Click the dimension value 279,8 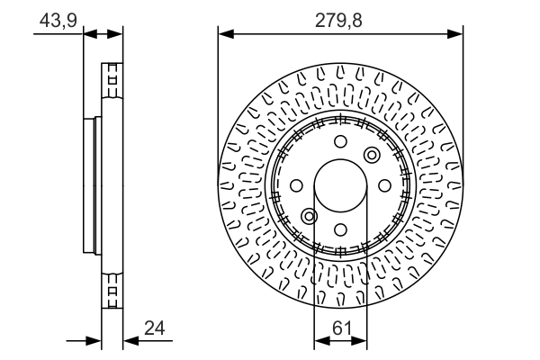pos(338,21)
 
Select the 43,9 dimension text pos(58,21)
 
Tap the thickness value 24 pos(155,328)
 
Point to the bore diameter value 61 pos(342,328)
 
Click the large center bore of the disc pos(340,185)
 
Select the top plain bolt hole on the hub pos(340,141)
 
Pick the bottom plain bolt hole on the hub pos(340,229)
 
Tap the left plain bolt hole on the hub pos(296,185)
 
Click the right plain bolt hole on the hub pos(384,185)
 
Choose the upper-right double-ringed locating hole pos(372,155)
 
